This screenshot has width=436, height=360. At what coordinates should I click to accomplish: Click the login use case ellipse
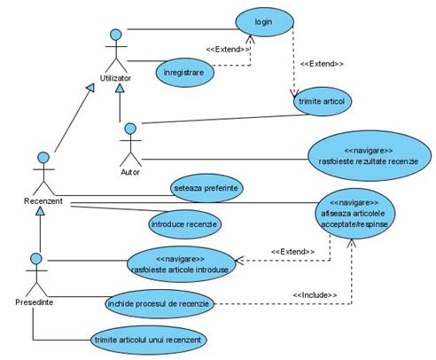pos(264,22)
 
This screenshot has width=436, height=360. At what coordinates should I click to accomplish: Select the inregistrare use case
pos(184,73)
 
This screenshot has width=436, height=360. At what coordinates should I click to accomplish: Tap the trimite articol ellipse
pos(323,101)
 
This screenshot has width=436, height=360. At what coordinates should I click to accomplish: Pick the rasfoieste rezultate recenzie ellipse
pos(370,156)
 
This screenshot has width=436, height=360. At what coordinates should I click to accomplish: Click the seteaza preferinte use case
pos(206,188)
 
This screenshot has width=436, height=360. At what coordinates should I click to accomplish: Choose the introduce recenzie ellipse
pos(184,224)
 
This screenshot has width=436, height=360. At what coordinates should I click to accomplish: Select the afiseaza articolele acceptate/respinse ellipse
pos(354,214)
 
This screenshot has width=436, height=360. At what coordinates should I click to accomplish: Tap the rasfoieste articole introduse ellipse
pos(182,264)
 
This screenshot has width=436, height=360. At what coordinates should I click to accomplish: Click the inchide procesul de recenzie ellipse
pos(160,304)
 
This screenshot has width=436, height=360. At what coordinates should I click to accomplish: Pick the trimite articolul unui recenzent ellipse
pos(149,340)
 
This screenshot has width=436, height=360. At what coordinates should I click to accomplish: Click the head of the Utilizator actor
pos(116,35)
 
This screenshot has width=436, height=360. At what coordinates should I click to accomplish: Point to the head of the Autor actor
pos(130,129)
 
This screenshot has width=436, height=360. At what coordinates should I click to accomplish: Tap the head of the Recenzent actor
pos(43,158)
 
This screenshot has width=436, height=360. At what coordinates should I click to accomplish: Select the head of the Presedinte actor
pos(36,259)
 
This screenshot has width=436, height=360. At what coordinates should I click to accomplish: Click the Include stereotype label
pos(315,295)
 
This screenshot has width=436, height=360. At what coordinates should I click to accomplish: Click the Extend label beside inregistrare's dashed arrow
pos(228,49)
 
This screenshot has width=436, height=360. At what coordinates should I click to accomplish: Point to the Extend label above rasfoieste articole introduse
pos(293,252)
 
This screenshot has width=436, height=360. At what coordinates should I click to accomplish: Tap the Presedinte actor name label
pos(35,302)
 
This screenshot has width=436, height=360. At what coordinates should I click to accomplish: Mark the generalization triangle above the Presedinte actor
pos(40,211)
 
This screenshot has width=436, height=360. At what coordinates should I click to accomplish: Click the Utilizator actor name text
pos(115,78)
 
